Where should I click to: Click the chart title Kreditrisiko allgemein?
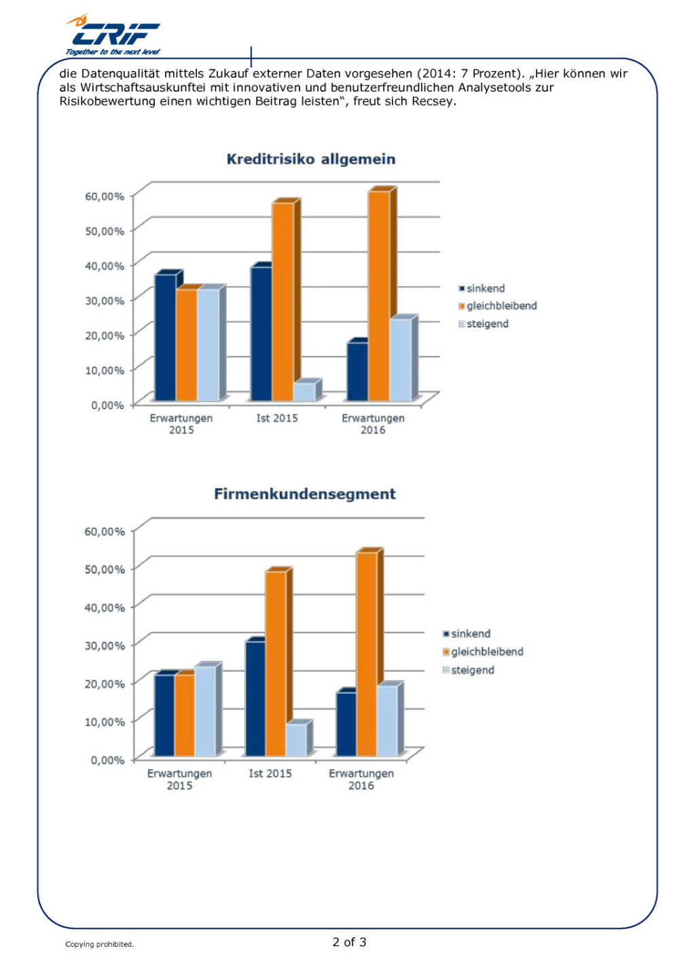(310, 159)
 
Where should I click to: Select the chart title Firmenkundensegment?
(304, 494)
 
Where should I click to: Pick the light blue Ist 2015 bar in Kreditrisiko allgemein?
(304, 391)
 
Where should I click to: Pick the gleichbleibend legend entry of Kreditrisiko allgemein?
(500, 306)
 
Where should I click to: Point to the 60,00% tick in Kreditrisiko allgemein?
(105, 196)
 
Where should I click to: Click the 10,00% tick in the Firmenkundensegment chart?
(105, 721)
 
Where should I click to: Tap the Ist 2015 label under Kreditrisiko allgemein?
(276, 418)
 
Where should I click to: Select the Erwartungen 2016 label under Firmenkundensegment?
(361, 779)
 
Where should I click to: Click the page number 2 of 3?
(349, 942)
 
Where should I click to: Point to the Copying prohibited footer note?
(99, 944)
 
